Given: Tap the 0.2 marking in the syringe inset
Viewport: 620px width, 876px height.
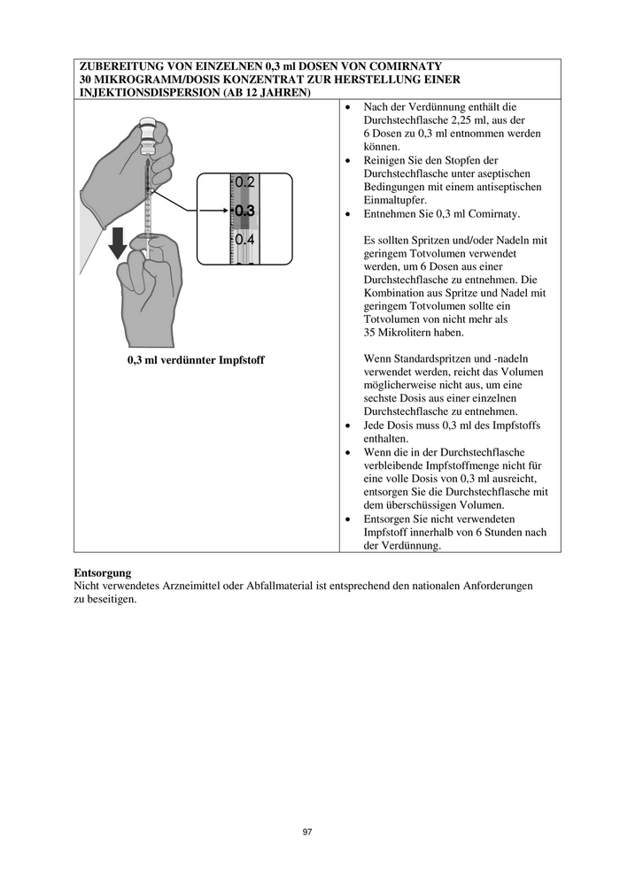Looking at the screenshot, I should tap(245, 183).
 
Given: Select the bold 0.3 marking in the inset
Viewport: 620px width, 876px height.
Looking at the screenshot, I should tap(244, 211).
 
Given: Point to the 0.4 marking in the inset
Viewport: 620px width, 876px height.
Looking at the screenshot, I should tap(245, 240).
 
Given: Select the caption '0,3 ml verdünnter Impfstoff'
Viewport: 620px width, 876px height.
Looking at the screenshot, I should tap(196, 359).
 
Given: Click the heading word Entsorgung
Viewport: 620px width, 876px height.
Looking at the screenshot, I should tap(103, 572).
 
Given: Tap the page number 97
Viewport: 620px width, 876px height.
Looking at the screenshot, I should tap(307, 832).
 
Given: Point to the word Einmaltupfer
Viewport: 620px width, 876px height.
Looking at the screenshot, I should tap(395, 201).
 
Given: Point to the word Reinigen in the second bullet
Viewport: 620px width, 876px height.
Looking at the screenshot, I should tap(386, 160).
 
